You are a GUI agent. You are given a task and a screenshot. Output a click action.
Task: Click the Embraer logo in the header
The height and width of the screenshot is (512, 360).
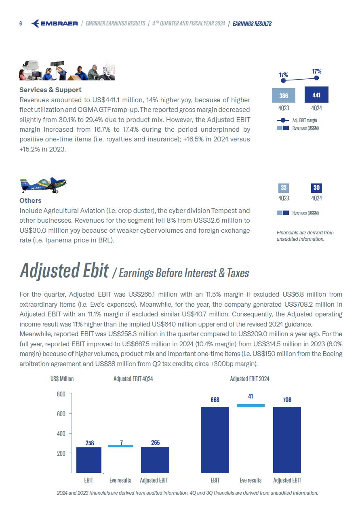tap(55, 23)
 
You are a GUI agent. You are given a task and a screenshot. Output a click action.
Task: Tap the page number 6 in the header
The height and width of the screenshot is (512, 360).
tap(21, 23)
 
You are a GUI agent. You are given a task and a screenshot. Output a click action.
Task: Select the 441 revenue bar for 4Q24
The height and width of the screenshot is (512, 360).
tap(316, 95)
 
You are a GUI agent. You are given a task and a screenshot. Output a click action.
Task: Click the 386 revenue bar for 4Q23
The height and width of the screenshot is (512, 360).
tap(284, 96)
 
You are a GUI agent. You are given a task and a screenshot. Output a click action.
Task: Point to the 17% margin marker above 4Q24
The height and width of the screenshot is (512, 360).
tap(317, 78)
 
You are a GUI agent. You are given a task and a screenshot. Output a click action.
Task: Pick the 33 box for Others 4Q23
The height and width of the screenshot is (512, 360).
tap(284, 188)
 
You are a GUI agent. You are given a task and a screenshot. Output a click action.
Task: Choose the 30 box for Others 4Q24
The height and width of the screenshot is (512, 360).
tap(316, 188)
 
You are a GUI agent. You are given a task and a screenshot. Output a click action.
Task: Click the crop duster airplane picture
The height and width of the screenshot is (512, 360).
tap(43, 186)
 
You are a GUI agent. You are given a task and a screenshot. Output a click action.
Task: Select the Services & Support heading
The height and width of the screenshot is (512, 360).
tap(51, 90)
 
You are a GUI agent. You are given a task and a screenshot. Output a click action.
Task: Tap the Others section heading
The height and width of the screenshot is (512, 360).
tap(30, 200)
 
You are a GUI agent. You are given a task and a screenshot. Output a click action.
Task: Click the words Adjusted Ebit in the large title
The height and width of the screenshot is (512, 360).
tap(64, 270)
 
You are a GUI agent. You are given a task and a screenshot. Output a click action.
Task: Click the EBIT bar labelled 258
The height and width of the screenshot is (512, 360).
tap(89, 460)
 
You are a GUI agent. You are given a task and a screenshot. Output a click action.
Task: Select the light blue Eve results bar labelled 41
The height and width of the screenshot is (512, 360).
tap(251, 406)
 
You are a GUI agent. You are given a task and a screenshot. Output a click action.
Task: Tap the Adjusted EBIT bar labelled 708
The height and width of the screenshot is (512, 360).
tap(287, 440)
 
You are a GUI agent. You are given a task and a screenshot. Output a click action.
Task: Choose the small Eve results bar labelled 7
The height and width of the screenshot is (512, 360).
tap(120, 446)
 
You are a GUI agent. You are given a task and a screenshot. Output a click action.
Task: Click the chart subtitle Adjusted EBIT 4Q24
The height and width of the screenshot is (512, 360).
tap(133, 379)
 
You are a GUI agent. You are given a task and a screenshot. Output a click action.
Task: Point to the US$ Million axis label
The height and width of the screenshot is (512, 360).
tap(62, 379)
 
